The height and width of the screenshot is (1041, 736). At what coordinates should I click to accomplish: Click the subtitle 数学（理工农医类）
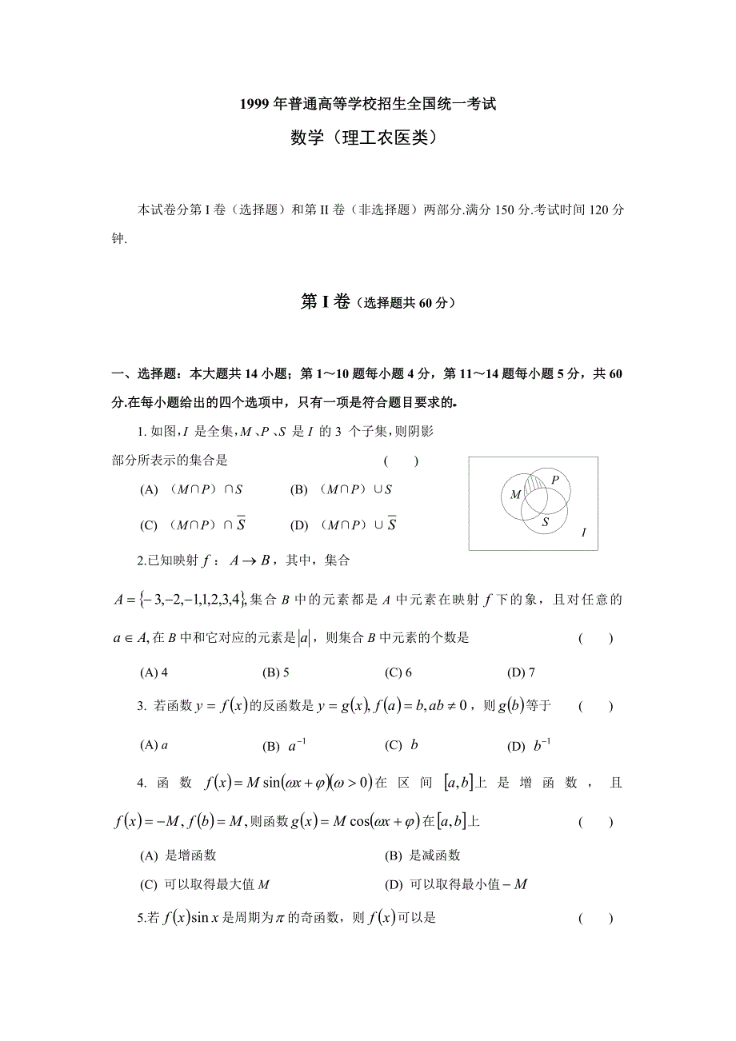367,138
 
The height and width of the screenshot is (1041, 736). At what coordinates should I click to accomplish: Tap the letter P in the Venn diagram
555,479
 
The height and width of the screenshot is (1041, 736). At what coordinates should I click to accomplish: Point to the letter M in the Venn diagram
516,494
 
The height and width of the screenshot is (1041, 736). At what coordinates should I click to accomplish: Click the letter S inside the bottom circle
545,522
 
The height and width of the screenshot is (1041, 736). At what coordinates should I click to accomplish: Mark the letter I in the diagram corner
583,532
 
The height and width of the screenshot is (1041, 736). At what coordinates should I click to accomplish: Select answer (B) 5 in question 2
275,672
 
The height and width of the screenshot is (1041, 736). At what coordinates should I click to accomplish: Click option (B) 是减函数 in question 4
422,856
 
